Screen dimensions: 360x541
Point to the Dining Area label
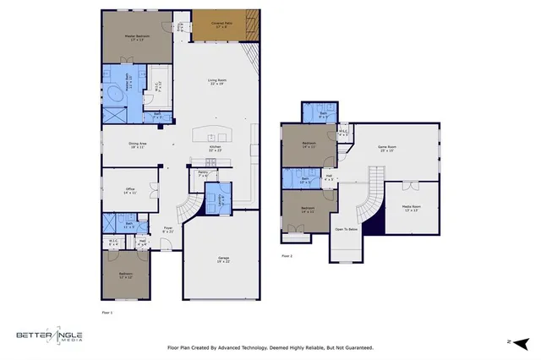click(x=138, y=145)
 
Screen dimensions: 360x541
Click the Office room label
click(x=129, y=191)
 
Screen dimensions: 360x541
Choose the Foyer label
click(x=168, y=229)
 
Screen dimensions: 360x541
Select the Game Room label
click(x=387, y=150)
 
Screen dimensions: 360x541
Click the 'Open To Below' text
click(x=345, y=229)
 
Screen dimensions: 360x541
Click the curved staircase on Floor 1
click(x=190, y=209)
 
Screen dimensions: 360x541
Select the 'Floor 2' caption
click(x=287, y=255)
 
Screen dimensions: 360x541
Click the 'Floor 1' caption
click(x=107, y=313)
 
